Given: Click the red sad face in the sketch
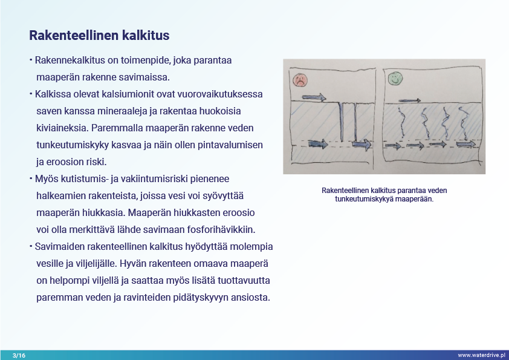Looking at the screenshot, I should tap(300, 79).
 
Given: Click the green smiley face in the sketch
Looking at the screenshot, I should tap(395, 79).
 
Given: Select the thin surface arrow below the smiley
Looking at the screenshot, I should tap(411, 100).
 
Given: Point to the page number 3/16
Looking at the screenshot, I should tap(19, 355).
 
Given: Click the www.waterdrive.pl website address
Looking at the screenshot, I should tap(481, 355).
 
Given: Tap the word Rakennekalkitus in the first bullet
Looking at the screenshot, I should tap(68, 61).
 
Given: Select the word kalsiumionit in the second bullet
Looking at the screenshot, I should tap(125, 95).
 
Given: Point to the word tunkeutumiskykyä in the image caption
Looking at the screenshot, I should tap(363, 198).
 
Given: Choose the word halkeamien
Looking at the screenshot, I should tap(60, 196).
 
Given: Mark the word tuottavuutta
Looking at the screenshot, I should tap(245, 281).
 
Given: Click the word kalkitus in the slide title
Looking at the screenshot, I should tap(145, 36).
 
